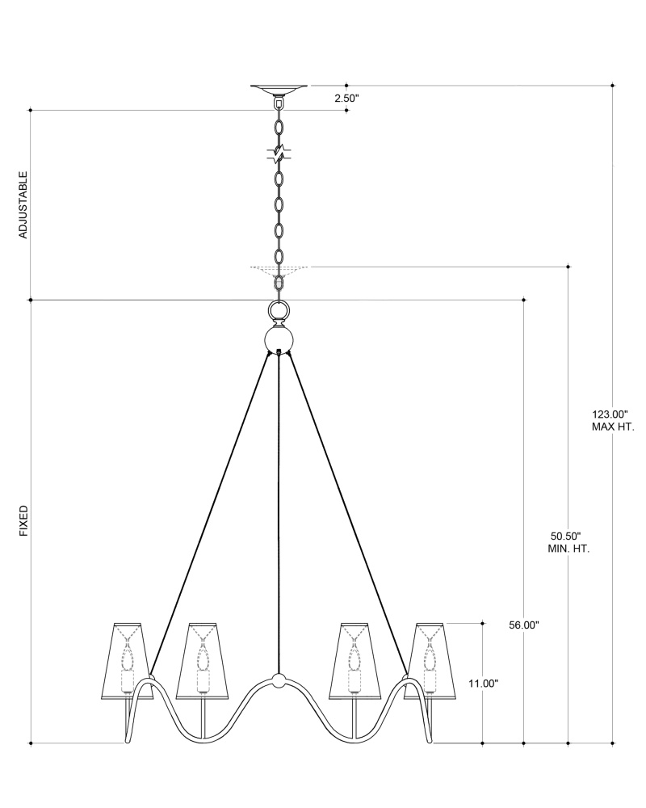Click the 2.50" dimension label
click(x=346, y=99)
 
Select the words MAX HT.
click(x=613, y=427)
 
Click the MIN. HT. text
click(x=568, y=549)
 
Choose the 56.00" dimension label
click(x=524, y=625)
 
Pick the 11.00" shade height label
click(x=483, y=684)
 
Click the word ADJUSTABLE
click(x=23, y=204)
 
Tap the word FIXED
click(x=23, y=521)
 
